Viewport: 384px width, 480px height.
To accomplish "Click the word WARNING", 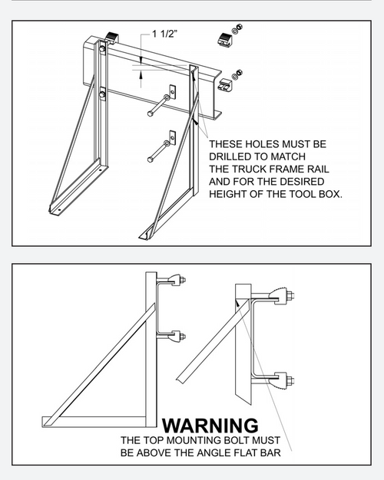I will (x=210, y=425).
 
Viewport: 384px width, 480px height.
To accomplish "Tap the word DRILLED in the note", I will (x=231, y=156).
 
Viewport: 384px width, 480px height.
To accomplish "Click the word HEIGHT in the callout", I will (x=230, y=194).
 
